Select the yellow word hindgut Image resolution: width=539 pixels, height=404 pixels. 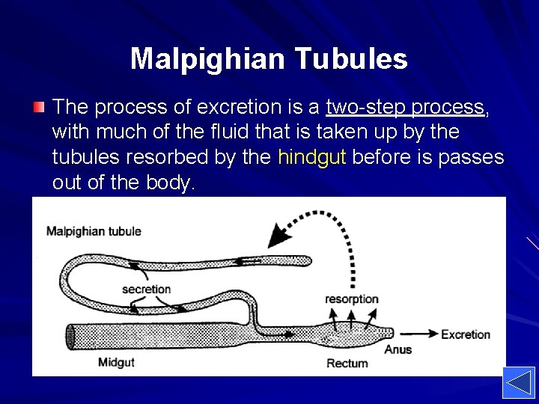(x=311, y=157)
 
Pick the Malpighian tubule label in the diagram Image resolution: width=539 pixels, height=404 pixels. (x=94, y=231)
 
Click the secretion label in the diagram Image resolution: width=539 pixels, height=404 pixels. (x=146, y=289)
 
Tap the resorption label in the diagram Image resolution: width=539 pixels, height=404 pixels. (x=352, y=299)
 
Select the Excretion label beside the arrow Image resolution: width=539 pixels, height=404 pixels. (x=466, y=334)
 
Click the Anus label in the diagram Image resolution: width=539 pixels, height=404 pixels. (x=398, y=349)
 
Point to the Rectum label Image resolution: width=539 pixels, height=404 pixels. (x=347, y=364)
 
